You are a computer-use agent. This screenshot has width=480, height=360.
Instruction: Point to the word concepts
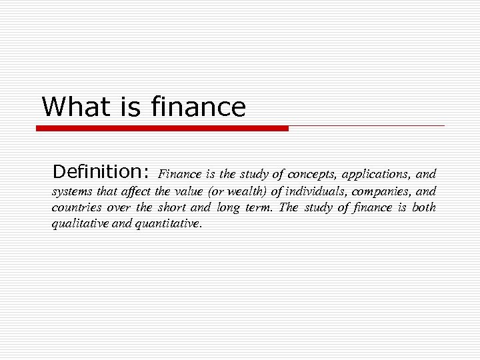click(x=313, y=175)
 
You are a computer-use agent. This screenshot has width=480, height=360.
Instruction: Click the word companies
click(x=385, y=192)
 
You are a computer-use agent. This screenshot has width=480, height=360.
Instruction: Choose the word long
click(x=227, y=208)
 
